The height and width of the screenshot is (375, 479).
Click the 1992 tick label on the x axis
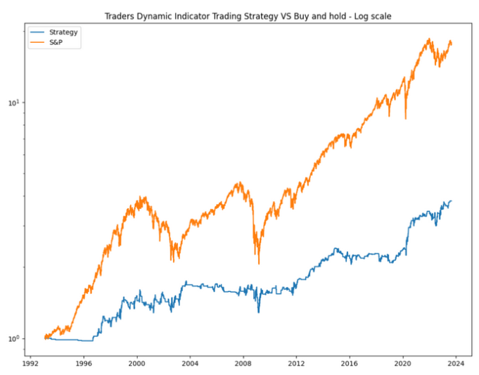(x=30, y=365)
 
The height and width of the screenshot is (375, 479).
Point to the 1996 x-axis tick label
(x=84, y=365)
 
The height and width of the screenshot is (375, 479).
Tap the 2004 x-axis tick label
(x=190, y=365)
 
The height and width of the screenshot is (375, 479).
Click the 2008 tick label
(x=243, y=365)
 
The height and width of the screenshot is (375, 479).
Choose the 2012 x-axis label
(x=296, y=365)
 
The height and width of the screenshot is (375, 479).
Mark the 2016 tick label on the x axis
(x=350, y=365)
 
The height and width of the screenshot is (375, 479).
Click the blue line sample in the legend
(x=38, y=32)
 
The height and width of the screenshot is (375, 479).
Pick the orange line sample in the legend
(x=38, y=42)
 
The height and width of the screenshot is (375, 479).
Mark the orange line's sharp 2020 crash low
(x=405, y=118)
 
